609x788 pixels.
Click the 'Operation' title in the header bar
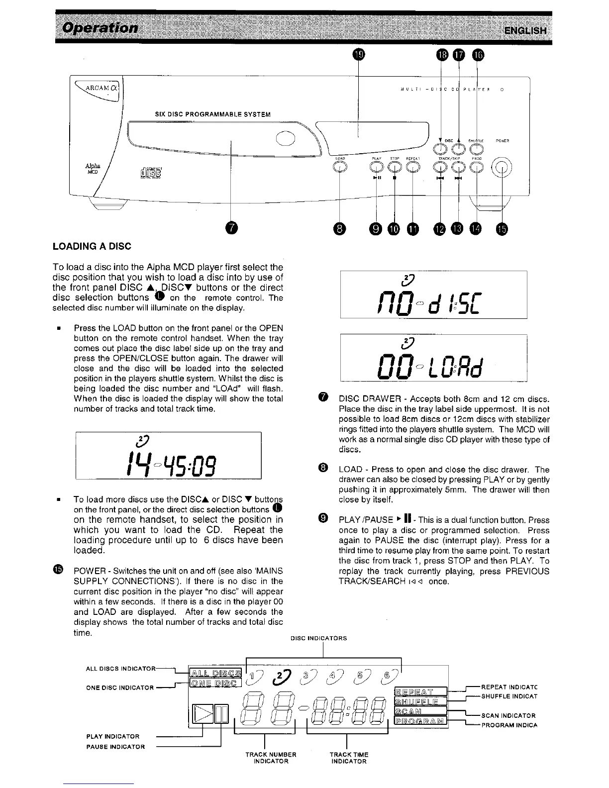coord(100,27)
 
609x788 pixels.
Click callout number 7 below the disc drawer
coord(231,228)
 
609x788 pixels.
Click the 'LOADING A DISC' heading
coord(92,246)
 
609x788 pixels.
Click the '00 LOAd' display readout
coord(433,365)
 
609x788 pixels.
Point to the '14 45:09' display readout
coord(169,463)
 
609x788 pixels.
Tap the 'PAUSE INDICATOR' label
coord(115,747)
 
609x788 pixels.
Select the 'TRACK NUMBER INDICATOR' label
coord(271,758)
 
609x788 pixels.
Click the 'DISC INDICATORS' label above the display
coord(319,638)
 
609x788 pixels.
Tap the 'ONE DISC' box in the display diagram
coord(215,683)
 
